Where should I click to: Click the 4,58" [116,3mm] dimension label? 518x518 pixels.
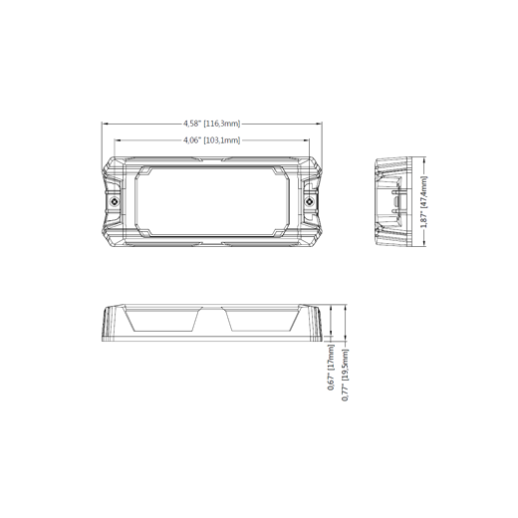pyautogui.click(x=212, y=124)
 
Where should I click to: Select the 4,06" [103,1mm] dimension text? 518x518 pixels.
pyautogui.click(x=212, y=140)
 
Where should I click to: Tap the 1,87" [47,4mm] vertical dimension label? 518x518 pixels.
pyautogui.click(x=424, y=202)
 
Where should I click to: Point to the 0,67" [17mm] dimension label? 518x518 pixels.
pyautogui.click(x=331, y=367)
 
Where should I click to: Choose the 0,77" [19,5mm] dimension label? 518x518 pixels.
pyautogui.click(x=345, y=375)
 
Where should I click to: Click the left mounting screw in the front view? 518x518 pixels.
pyautogui.click(x=115, y=201)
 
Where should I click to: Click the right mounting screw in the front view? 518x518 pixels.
pyautogui.click(x=310, y=201)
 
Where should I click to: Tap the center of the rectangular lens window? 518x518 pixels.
pyautogui.click(x=212, y=201)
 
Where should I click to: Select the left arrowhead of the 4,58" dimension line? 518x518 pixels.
pyautogui.click(x=105, y=124)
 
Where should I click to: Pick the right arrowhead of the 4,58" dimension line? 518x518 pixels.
pyautogui.click(x=319, y=124)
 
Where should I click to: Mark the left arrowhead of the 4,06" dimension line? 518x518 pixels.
pyautogui.click(x=118, y=140)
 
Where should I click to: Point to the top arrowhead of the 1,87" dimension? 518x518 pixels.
pyautogui.click(x=424, y=160)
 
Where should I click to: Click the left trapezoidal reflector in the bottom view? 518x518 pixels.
pyautogui.click(x=163, y=320)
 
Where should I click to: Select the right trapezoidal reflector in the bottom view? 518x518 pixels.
pyautogui.click(x=262, y=320)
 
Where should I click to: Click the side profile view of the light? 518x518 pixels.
pyautogui.click(x=393, y=201)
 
